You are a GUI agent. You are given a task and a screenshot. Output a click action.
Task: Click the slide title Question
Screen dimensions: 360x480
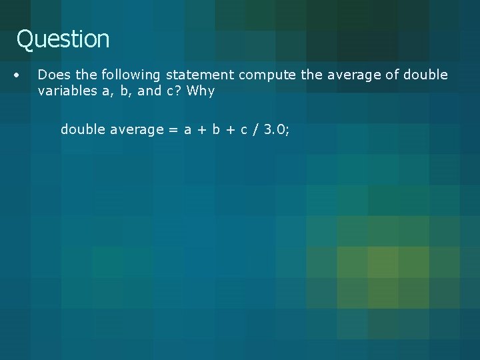tap(63, 39)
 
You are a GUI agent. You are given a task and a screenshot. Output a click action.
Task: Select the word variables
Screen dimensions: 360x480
tap(65, 91)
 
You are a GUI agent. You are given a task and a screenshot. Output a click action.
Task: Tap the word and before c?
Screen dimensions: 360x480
tap(149, 91)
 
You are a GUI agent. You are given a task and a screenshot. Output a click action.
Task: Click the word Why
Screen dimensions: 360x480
tap(201, 91)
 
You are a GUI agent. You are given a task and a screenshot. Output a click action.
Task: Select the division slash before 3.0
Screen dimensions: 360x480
tap(254, 129)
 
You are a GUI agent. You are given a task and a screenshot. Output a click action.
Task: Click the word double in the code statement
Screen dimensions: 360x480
tap(80, 129)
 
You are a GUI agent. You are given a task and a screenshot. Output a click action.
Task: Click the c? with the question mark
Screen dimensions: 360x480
tap(173, 91)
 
